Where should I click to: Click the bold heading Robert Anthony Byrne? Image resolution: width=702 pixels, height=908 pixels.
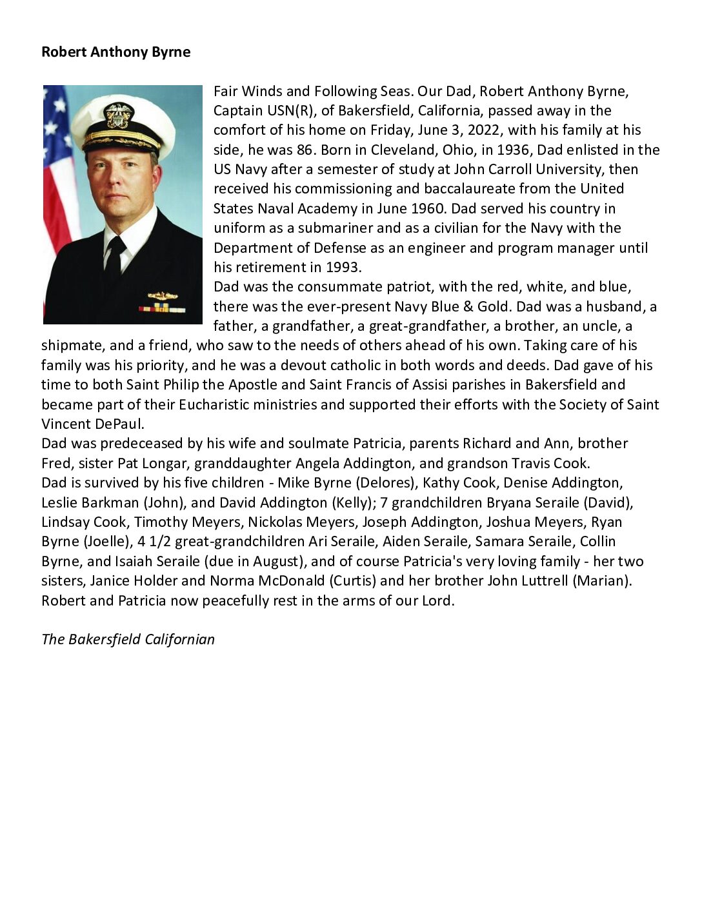pyautogui.click(x=115, y=52)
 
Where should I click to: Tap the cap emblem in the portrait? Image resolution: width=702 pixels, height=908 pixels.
pyautogui.click(x=119, y=115)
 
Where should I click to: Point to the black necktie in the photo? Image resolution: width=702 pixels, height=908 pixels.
pyautogui.click(x=115, y=257)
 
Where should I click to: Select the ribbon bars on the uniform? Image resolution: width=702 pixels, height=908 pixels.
pyautogui.click(x=161, y=308)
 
